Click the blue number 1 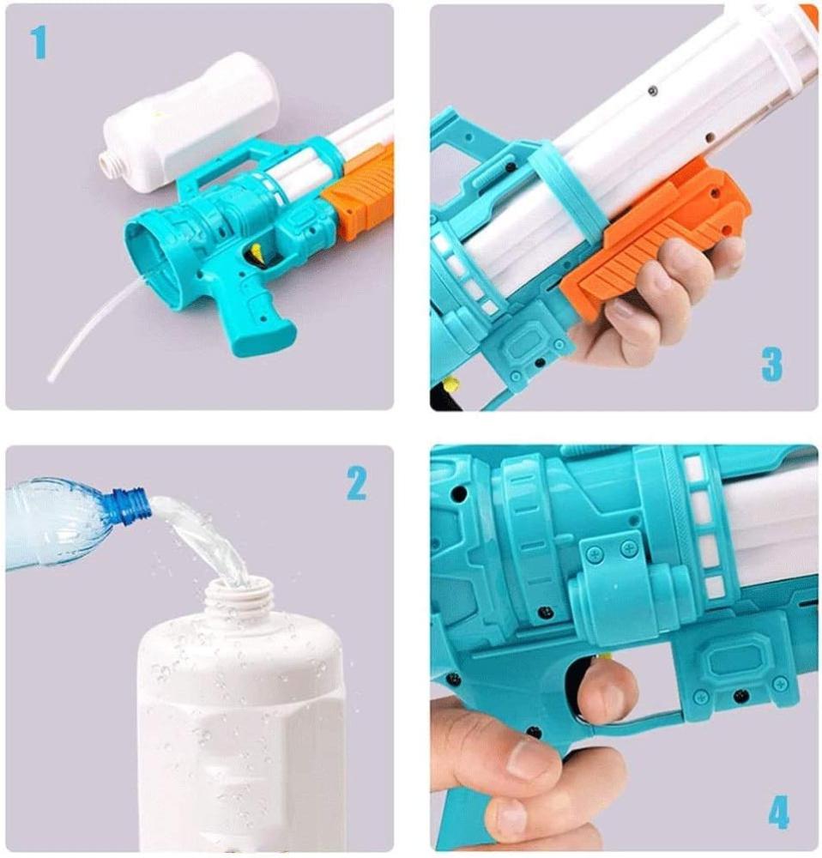(x=39, y=44)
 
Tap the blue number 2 (x=357, y=484)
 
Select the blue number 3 (x=772, y=365)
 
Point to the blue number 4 (x=779, y=813)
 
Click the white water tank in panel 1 (x=191, y=123)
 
